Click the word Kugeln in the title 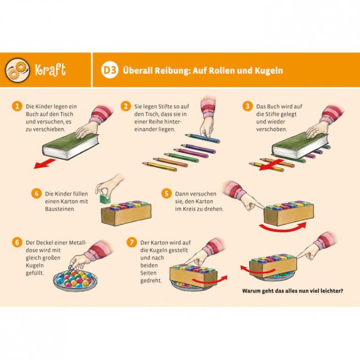[x=265, y=70]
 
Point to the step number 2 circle [x=125, y=106]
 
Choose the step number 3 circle [x=247, y=106]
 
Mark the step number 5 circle [x=166, y=193]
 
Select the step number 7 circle [x=131, y=242]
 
